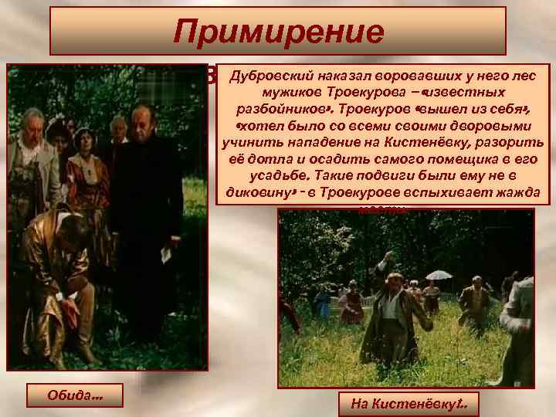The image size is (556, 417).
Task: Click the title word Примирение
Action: click(278, 32)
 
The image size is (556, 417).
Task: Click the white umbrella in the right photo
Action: click(439, 274)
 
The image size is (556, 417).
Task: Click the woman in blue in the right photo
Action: click(322, 301)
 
